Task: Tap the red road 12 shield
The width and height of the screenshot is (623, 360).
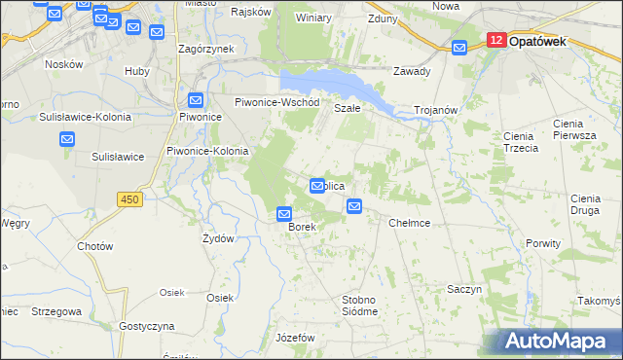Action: (495, 41)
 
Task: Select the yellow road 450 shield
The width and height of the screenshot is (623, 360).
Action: (128, 199)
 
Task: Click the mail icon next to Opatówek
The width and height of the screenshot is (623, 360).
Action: (461, 46)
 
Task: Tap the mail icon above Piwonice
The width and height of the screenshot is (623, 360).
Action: (196, 99)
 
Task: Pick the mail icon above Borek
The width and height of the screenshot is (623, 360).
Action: (284, 214)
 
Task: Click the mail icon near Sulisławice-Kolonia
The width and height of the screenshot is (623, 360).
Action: (67, 139)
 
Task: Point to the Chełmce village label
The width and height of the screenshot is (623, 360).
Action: (409, 223)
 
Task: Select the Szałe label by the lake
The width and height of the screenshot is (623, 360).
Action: (348, 109)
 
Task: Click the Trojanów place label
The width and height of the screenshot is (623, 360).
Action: (435, 110)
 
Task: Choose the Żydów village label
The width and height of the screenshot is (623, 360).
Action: (218, 238)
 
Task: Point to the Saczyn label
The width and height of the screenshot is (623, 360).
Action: (465, 290)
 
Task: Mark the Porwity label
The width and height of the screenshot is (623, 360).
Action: (543, 243)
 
